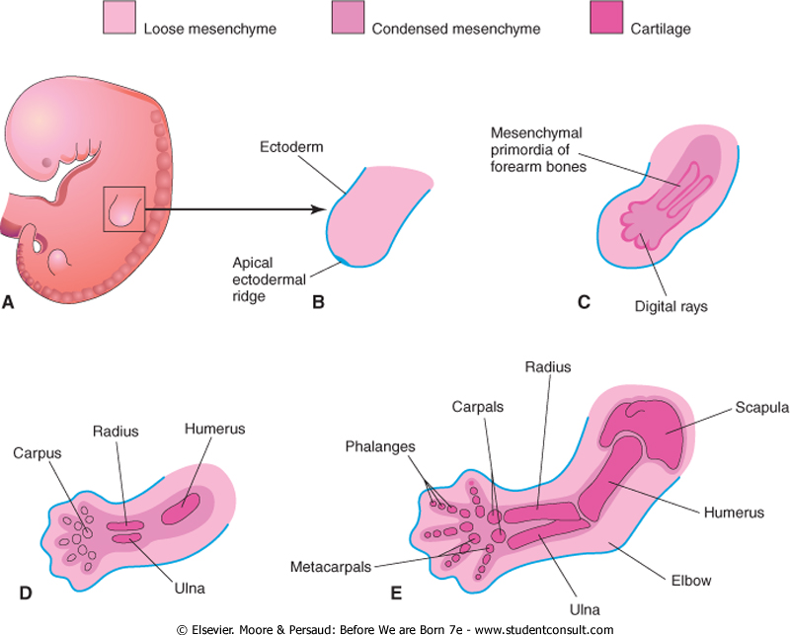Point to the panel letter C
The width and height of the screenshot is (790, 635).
point(584,301)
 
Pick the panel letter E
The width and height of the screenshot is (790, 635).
point(396,593)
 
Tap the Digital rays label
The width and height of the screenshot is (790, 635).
point(671,306)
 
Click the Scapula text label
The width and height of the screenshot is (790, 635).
point(733,408)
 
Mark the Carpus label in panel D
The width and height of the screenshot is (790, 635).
point(37,454)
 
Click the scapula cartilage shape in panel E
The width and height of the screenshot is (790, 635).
point(653,436)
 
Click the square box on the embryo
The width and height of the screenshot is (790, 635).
point(124,209)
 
